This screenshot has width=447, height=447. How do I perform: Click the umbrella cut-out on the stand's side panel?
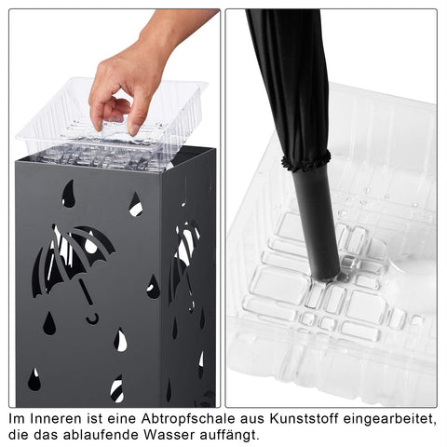click(x=184, y=261)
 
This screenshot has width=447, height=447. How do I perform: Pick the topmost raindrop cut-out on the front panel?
click(x=68, y=194)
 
